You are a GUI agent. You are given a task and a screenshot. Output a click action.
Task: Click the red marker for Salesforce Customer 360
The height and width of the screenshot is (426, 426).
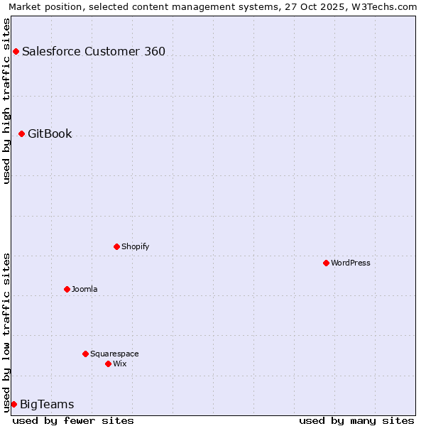pyautogui.click(x=16, y=51)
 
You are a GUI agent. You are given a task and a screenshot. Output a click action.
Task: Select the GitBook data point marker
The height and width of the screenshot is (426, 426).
pyautogui.click(x=21, y=133)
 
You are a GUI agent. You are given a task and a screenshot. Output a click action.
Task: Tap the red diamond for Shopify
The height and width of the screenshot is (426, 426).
pyautogui.click(x=116, y=246)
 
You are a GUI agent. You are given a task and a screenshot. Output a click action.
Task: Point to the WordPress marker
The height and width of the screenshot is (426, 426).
pyautogui.click(x=326, y=263)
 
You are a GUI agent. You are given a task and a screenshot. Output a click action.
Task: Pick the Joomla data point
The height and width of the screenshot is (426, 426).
pyautogui.click(x=67, y=289)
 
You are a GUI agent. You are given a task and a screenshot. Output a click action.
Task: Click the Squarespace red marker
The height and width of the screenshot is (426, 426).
pyautogui.click(x=85, y=354)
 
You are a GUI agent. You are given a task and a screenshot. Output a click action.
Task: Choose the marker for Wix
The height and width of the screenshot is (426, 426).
pyautogui.click(x=108, y=364)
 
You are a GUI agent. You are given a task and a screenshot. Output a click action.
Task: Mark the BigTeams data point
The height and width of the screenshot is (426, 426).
pyautogui.click(x=13, y=404)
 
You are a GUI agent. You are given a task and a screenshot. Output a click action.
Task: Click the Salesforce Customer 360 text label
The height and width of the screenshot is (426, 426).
pyautogui.click(x=94, y=51)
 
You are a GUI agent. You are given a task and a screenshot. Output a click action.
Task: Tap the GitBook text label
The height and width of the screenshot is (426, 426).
pyautogui.click(x=50, y=133)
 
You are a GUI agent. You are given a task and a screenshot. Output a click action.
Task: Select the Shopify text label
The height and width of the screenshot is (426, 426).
pyautogui.click(x=135, y=246)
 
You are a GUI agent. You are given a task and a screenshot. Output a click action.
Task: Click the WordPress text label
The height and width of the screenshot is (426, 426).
pyautogui.click(x=351, y=263)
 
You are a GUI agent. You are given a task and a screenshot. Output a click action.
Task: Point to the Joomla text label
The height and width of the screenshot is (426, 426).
pyautogui.click(x=84, y=289)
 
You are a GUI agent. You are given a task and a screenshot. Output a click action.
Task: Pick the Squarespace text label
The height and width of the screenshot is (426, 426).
pyautogui.click(x=114, y=354)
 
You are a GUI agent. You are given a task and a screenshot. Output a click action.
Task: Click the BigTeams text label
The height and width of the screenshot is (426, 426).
pyautogui.click(x=47, y=405)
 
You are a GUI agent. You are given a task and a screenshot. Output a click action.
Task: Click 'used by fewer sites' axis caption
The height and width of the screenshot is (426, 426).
pyautogui.click(x=73, y=420)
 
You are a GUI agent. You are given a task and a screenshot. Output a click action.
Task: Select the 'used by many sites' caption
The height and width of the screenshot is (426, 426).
pyautogui.click(x=356, y=420)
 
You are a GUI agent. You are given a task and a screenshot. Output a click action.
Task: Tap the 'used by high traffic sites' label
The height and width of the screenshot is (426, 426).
pyautogui.click(x=6, y=100)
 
